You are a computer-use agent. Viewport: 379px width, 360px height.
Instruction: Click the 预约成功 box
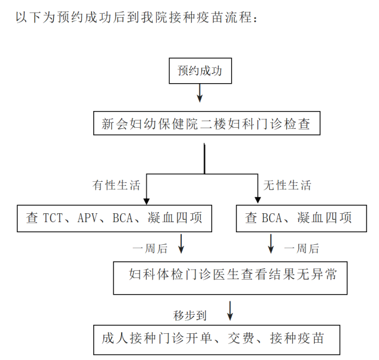[x=200, y=71]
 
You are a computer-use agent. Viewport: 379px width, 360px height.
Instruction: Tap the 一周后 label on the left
[x=150, y=248]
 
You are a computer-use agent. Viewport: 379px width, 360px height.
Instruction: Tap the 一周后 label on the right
[x=302, y=248]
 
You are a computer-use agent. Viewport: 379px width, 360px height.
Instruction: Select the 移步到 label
[x=188, y=313]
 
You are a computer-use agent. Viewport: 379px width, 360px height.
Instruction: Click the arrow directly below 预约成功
[x=200, y=93]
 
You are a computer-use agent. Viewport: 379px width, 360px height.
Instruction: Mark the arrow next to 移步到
[x=230, y=310]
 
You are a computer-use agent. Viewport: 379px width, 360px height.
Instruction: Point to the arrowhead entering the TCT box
[x=146, y=200]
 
